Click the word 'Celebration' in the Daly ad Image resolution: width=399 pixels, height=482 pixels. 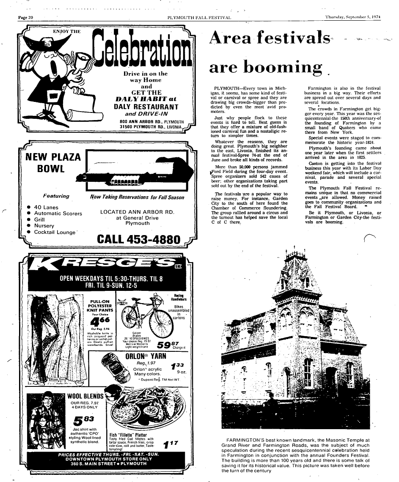(x=142, y=48)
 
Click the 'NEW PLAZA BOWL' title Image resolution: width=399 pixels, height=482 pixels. (x=53, y=163)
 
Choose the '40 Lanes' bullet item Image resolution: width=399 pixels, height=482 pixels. (x=46, y=207)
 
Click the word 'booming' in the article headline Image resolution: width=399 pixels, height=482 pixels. (x=266, y=67)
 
